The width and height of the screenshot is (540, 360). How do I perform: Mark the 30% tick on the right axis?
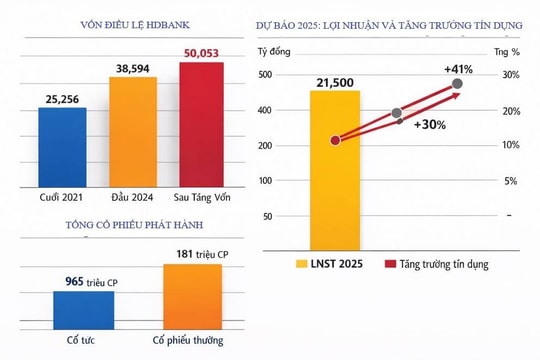pyautogui.click(x=509, y=75)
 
